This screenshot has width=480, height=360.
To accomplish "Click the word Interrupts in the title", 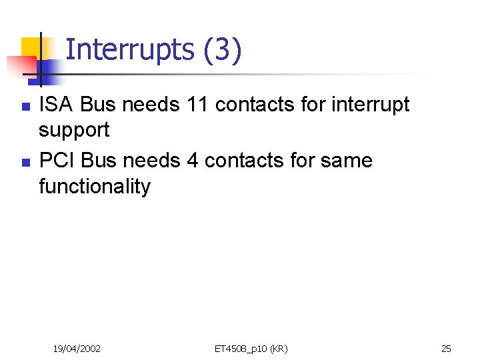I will click(129, 50).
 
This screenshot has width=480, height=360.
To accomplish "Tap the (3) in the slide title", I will click(223, 50).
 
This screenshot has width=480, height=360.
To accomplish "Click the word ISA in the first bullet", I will click(56, 105).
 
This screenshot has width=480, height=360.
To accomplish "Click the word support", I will click(74, 131).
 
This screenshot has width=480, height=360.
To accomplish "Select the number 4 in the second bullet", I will click(193, 161).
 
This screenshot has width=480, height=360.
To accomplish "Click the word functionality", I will click(95, 186).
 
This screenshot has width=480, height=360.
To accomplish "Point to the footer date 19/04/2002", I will click(77, 349).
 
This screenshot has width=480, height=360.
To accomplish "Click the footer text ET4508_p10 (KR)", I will click(251, 349).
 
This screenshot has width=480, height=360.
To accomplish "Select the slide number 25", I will click(446, 349).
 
